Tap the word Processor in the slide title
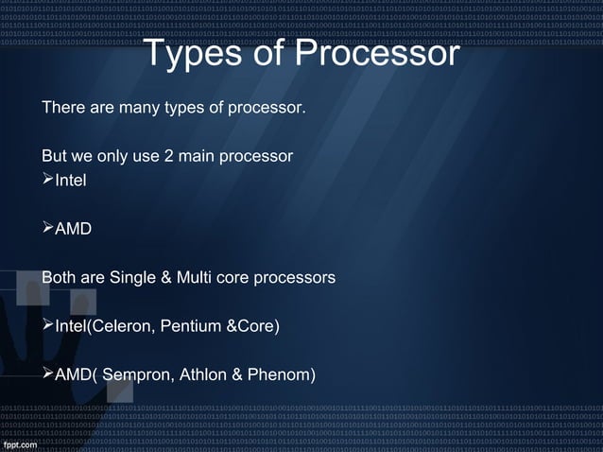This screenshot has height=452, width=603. click(377, 54)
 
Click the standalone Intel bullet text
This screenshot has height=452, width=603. click(71, 179)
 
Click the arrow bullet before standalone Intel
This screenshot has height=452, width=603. click(48, 179)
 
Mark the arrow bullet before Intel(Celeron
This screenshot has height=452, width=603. click(48, 327)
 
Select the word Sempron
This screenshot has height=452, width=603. click(137, 376)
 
